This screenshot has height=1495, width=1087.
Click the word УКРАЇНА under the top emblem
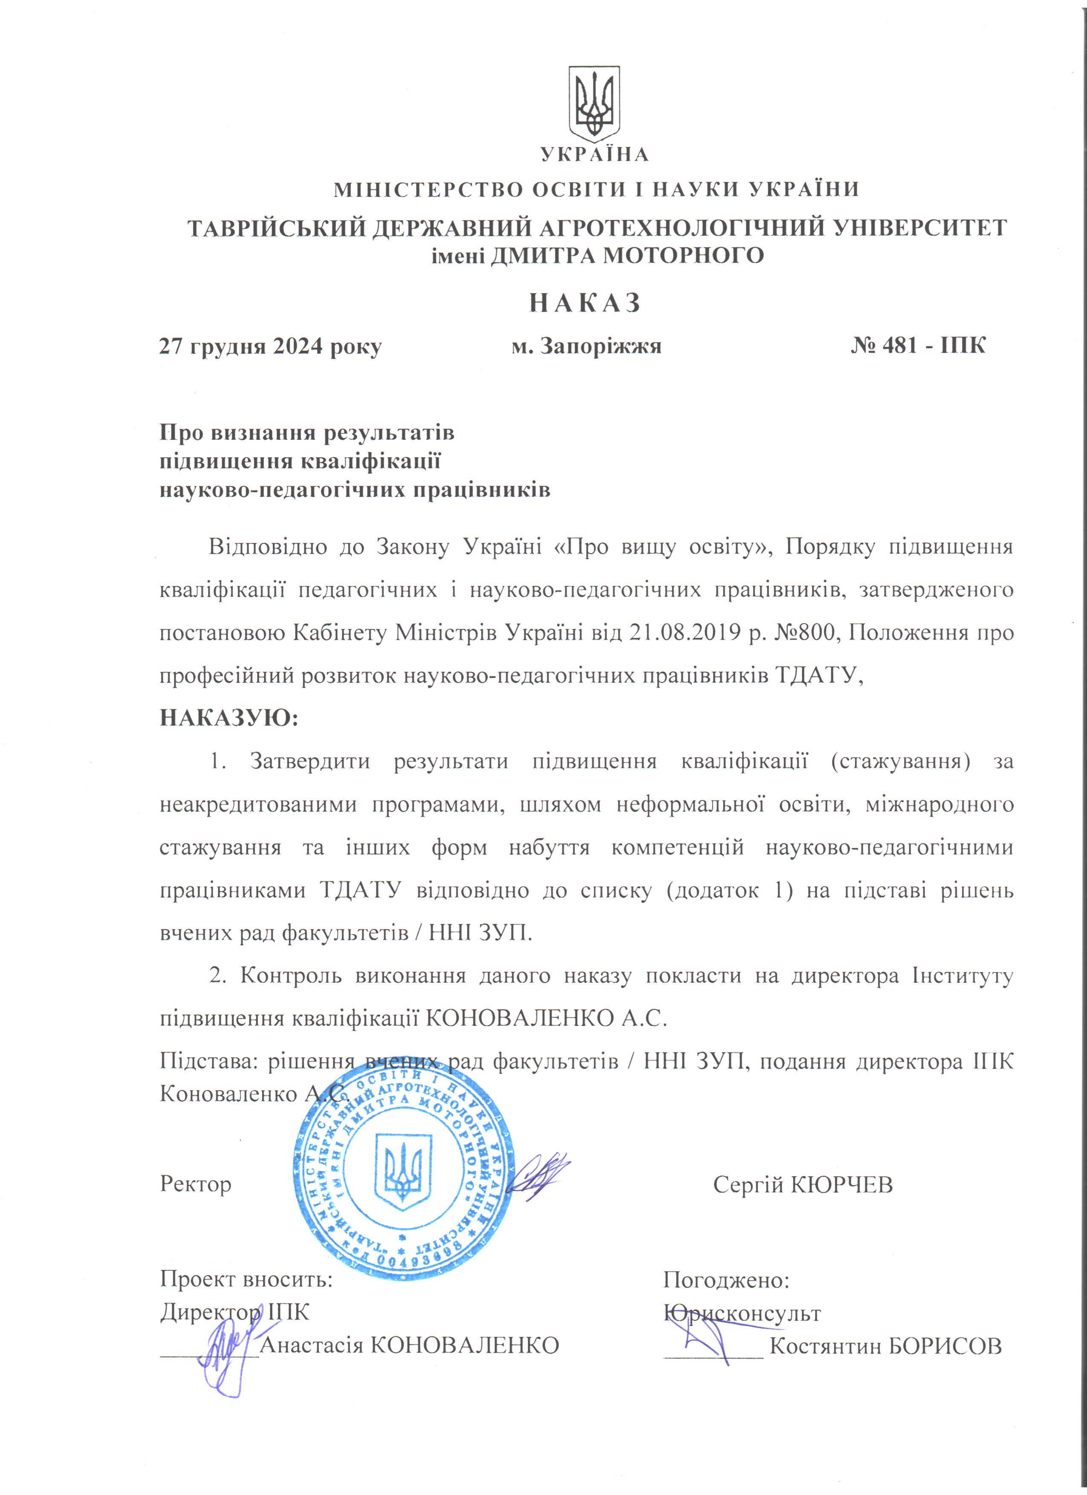(595, 155)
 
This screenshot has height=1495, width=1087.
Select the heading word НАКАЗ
(585, 303)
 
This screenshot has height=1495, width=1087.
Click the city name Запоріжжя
(601, 346)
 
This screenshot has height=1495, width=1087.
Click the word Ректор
(196, 1184)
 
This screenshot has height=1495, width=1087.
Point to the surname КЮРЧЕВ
(841, 1184)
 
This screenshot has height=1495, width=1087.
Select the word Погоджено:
(726, 1281)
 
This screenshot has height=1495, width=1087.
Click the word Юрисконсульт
(742, 1313)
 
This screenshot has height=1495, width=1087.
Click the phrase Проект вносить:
(246, 1281)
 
